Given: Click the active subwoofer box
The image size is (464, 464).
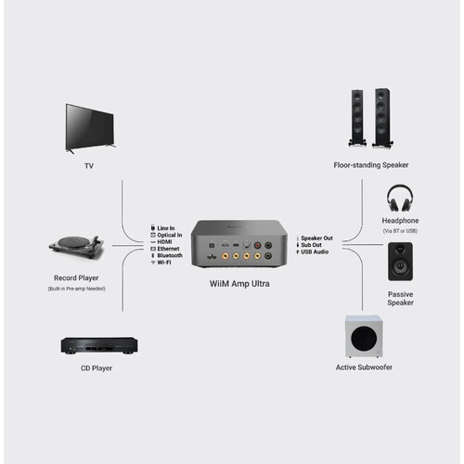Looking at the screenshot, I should (x=364, y=337).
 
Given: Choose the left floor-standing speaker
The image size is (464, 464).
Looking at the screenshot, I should (x=356, y=118).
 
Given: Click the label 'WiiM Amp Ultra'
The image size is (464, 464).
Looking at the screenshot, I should (x=237, y=283).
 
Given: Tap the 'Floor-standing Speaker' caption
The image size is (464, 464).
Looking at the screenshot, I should (x=371, y=165).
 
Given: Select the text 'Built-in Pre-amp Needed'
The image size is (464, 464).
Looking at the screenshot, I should (x=77, y=290).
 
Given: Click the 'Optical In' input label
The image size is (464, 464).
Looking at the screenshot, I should (x=171, y=236).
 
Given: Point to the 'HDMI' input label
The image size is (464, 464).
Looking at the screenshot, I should (x=166, y=242).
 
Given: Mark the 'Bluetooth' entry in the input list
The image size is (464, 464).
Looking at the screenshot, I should (x=170, y=255).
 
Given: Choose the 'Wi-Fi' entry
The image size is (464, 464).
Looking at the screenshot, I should (x=165, y=263).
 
